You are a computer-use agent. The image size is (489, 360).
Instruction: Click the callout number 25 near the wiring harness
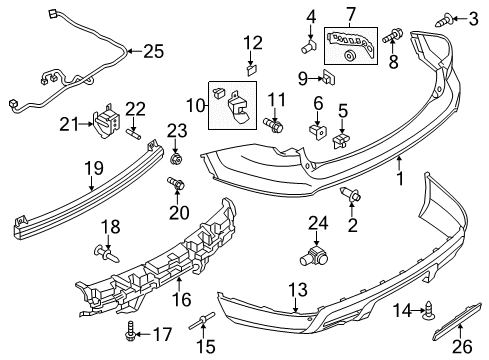(152, 51)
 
